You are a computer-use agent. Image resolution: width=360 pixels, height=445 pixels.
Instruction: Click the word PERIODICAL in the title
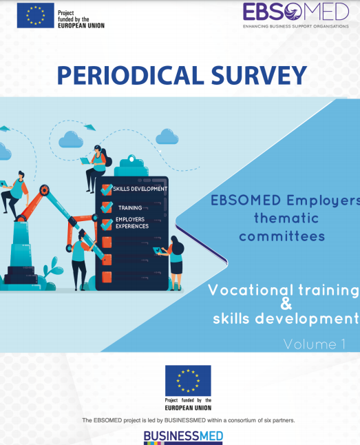(x=131, y=76)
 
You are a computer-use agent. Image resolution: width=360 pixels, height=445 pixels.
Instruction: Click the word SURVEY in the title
(x=259, y=76)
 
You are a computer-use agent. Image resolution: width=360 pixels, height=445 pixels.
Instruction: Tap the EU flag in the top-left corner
(x=36, y=16)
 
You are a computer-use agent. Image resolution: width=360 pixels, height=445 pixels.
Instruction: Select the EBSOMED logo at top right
(x=296, y=15)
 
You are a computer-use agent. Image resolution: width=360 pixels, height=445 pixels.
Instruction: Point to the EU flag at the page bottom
(x=188, y=380)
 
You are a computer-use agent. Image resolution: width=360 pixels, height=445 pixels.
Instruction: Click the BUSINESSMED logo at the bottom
(x=183, y=437)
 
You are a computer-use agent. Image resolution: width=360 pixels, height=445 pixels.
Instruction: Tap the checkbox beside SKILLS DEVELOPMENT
(x=107, y=189)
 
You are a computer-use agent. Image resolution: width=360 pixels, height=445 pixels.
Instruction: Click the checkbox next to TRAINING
(x=107, y=207)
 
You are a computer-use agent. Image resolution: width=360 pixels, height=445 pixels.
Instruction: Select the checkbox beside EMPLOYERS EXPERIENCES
(x=107, y=225)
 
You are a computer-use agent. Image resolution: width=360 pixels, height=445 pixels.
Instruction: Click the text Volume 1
(x=315, y=344)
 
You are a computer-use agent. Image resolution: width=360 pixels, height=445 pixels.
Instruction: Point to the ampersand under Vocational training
(x=286, y=304)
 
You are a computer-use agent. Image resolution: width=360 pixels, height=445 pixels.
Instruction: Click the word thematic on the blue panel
(x=286, y=218)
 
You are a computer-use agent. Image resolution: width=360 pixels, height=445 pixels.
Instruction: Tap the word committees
(x=282, y=236)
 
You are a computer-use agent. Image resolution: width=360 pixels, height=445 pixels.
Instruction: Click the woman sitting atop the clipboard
(x=96, y=168)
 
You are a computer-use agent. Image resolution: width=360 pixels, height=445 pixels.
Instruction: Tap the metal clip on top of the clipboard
(x=131, y=165)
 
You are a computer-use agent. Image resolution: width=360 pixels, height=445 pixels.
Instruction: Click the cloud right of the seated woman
(x=167, y=136)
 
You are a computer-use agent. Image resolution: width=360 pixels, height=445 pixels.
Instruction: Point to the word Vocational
(x=251, y=290)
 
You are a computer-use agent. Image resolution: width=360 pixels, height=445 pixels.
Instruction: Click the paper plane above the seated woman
(x=90, y=127)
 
